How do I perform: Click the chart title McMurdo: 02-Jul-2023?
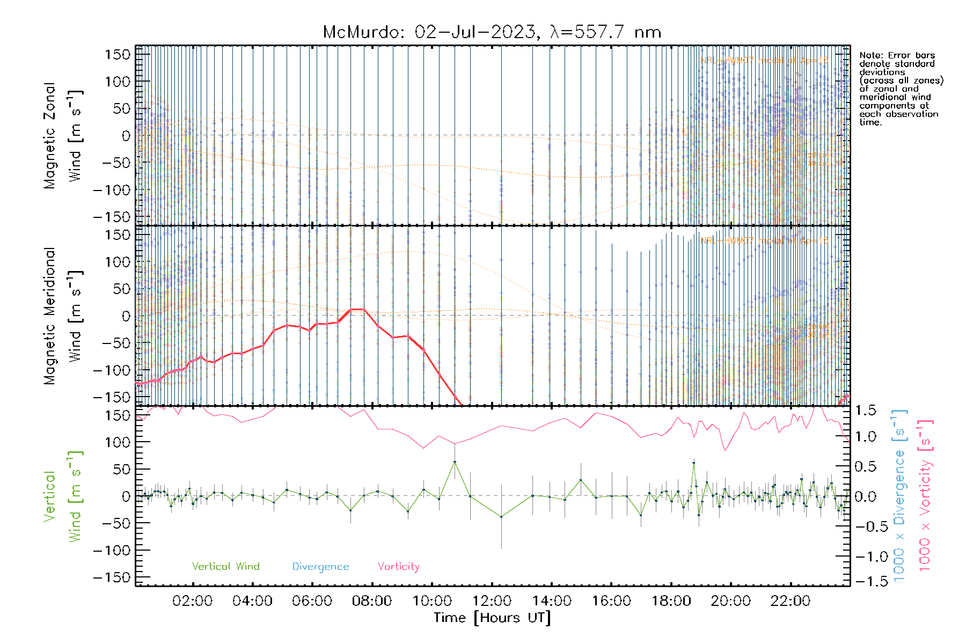click(492, 32)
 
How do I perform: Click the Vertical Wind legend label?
click(225, 566)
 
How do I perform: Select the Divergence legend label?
click(320, 566)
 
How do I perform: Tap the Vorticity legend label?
click(398, 566)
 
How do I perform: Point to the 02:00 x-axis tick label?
click(192, 601)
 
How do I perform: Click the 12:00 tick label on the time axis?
click(492, 601)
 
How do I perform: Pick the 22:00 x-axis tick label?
click(790, 601)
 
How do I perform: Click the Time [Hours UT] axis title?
click(492, 618)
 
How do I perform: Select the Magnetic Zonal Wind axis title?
click(63, 135)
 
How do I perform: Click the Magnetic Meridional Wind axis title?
click(63, 316)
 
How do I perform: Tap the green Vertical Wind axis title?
click(63, 496)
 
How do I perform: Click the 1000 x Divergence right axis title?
click(899, 496)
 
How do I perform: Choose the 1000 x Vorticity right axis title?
click(925, 496)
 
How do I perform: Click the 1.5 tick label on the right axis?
click(865, 411)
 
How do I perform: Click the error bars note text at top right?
click(901, 89)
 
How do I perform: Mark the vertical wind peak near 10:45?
click(455, 462)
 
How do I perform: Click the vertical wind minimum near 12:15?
click(501, 517)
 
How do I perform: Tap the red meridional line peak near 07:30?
click(357, 310)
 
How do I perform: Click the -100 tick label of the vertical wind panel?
click(112, 551)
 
